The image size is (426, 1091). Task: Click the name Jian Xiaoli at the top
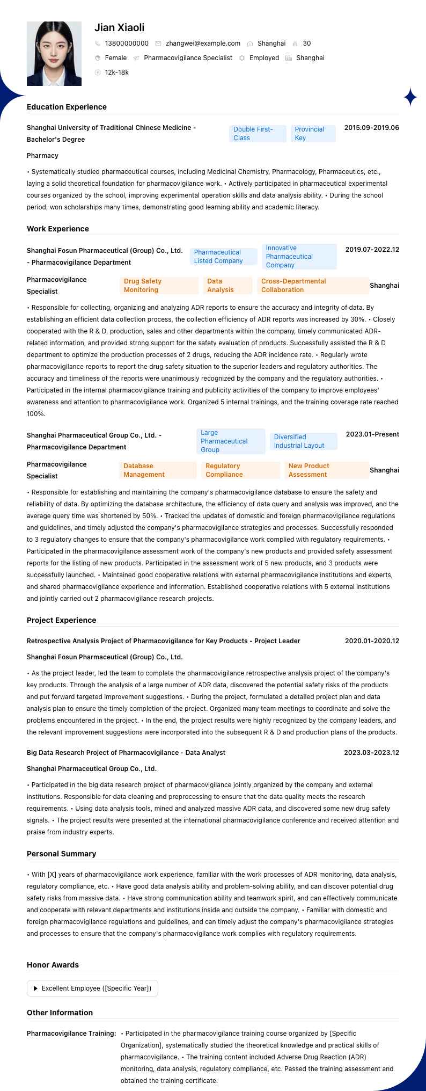click(x=119, y=27)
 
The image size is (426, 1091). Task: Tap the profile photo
click(x=54, y=54)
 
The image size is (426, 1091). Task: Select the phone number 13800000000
click(x=127, y=43)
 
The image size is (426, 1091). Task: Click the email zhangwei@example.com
click(x=203, y=43)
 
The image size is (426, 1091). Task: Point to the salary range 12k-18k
click(x=116, y=72)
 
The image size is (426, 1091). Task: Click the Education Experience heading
click(x=67, y=107)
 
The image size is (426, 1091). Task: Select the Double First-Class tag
click(x=258, y=134)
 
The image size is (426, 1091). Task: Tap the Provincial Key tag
click(x=313, y=134)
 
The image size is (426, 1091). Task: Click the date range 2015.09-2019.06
click(x=371, y=128)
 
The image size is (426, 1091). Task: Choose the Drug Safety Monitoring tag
click(x=159, y=286)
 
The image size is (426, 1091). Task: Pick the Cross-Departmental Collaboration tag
click(x=313, y=286)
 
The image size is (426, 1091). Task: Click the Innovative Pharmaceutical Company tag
click(x=299, y=257)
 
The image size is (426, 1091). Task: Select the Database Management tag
click(x=158, y=470)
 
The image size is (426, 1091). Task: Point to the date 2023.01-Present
click(x=372, y=434)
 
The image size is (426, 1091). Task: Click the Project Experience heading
click(x=61, y=620)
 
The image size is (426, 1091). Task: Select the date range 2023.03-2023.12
click(x=371, y=753)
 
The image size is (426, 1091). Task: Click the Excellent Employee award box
click(x=92, y=988)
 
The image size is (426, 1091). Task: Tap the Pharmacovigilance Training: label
click(x=71, y=1034)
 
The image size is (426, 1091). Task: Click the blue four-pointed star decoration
click(x=410, y=97)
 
